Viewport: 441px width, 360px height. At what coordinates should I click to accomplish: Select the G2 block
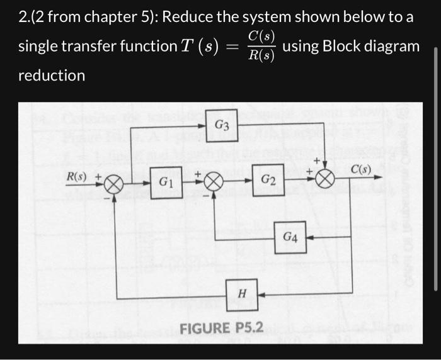click(268, 181)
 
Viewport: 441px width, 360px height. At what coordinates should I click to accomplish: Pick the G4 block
click(290, 237)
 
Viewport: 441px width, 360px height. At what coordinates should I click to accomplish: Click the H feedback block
click(242, 293)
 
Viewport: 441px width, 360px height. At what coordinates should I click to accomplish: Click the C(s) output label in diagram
click(362, 169)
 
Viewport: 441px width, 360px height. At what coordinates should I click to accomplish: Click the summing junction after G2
click(325, 179)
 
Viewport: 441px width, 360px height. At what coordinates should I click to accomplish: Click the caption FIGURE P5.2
click(221, 328)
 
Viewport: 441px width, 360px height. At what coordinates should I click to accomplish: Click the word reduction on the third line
click(52, 76)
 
